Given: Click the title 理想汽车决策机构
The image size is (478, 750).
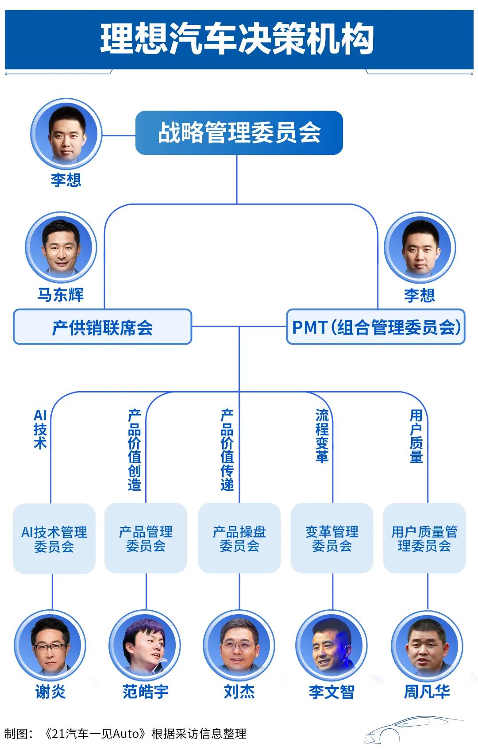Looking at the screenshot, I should click(x=238, y=39).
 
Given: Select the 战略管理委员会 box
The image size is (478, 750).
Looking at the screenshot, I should click(x=239, y=133).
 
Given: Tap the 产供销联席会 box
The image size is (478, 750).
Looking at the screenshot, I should click(x=102, y=327).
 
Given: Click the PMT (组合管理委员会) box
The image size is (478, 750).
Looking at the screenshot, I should click(x=376, y=327).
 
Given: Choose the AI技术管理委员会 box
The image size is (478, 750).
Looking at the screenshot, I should click(x=54, y=538).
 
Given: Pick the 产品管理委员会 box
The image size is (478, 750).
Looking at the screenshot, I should click(x=146, y=538).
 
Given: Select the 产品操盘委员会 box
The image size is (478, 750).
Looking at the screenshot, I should click(x=239, y=538).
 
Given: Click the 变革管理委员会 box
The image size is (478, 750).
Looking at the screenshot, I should click(x=332, y=538).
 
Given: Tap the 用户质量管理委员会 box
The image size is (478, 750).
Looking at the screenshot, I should click(x=424, y=538).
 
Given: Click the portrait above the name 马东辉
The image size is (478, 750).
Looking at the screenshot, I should click(x=61, y=247).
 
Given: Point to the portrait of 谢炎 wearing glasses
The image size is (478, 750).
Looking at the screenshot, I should click(x=50, y=646).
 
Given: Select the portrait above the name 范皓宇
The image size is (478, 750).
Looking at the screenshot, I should click(x=145, y=646).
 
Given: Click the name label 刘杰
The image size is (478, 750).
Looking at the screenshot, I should click(x=239, y=691).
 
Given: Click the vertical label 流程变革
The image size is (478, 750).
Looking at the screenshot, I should click(x=322, y=436).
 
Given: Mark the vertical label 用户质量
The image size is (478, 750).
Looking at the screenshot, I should click(x=416, y=436).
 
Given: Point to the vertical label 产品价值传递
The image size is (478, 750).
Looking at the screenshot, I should click(x=227, y=450).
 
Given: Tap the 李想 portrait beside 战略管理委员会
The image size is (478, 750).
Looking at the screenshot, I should click(x=66, y=133).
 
